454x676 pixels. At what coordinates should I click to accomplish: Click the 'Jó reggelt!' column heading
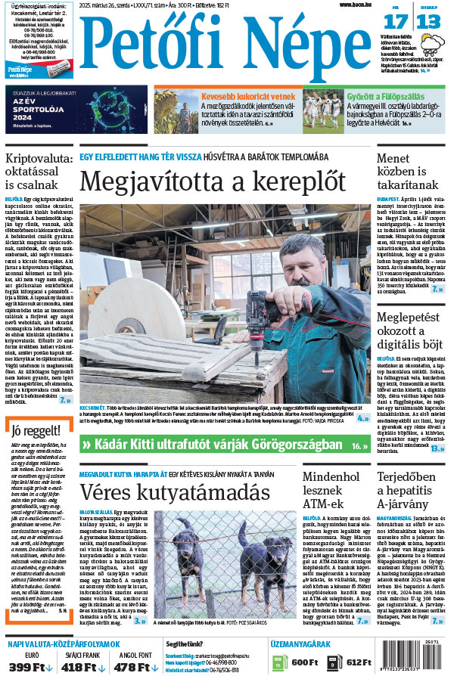click(36, 432)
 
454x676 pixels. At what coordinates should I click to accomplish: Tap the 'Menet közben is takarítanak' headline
click(411, 171)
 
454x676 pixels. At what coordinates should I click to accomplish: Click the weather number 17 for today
click(398, 21)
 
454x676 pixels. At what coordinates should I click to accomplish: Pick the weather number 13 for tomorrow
click(428, 21)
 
